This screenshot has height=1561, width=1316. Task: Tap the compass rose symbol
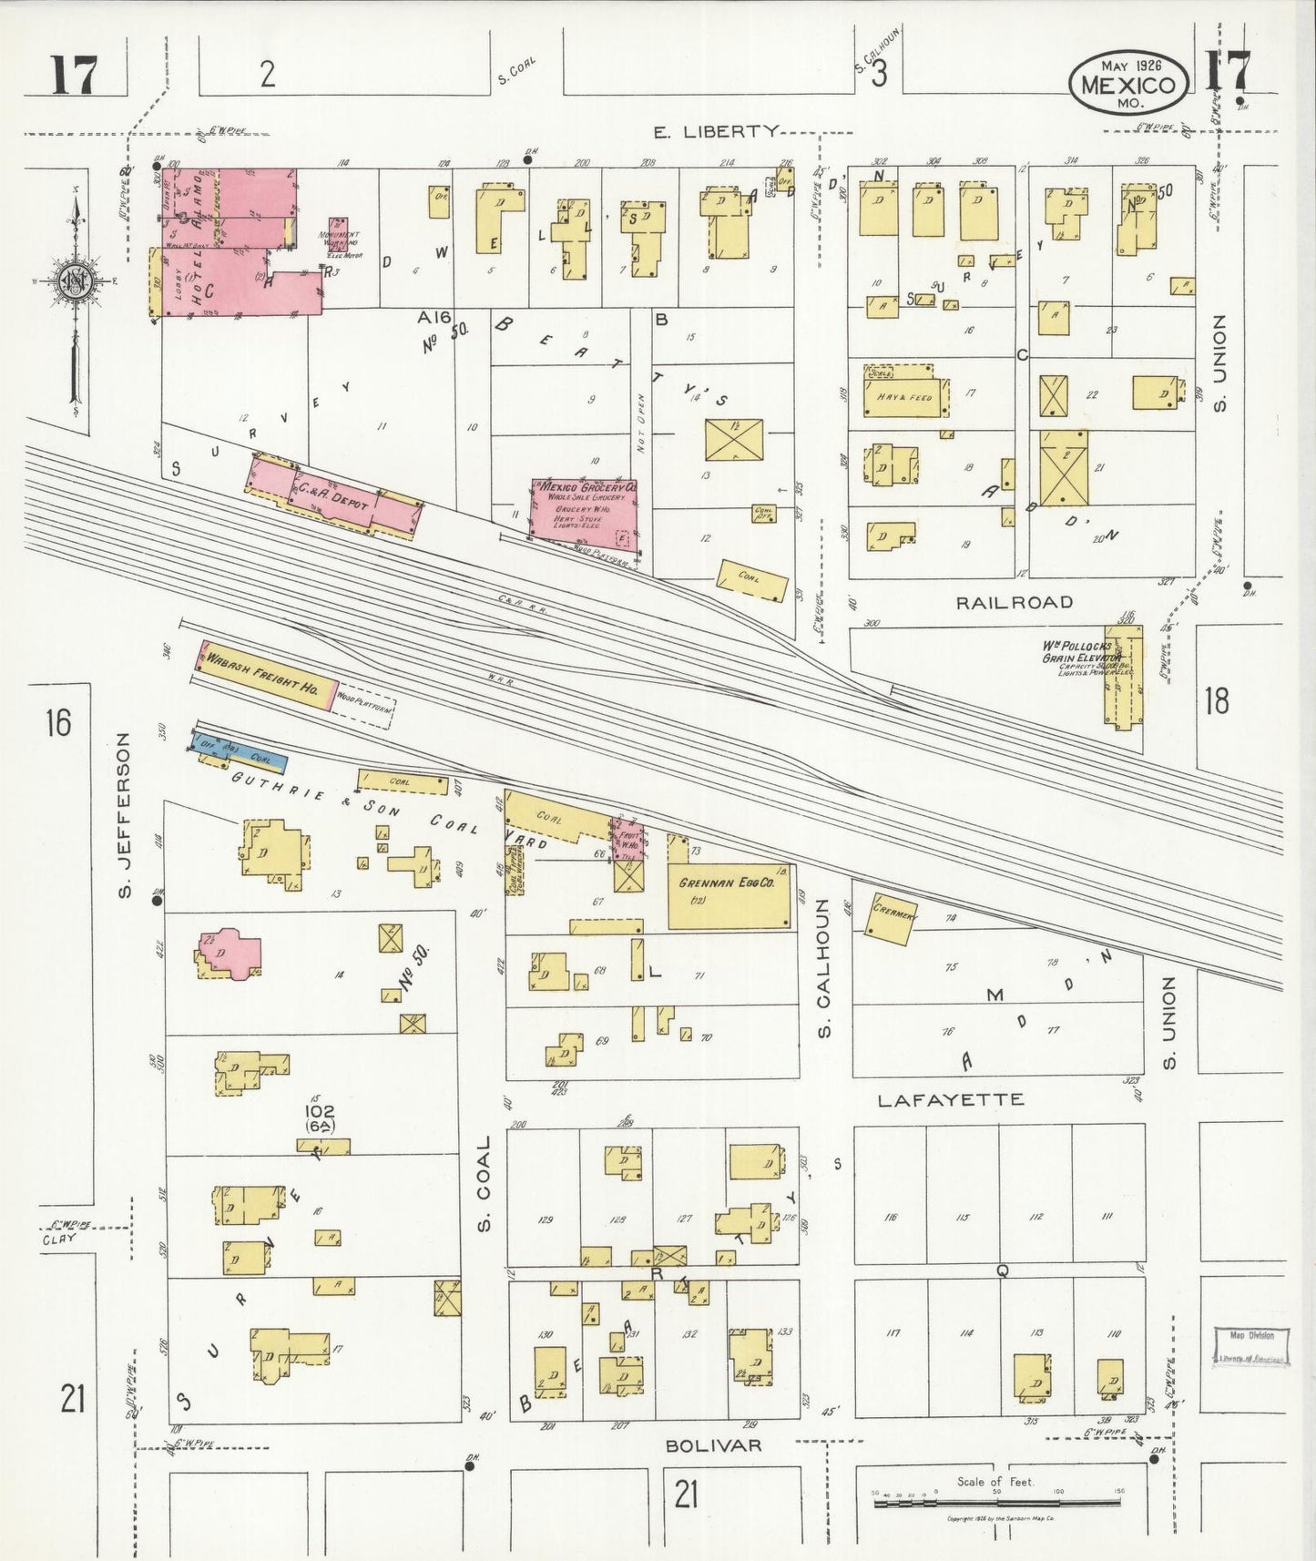tap(72, 282)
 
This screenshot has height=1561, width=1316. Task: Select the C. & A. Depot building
tap(332, 497)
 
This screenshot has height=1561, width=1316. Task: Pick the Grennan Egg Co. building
tap(729, 895)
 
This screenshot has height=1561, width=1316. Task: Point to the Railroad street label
tap(1001, 602)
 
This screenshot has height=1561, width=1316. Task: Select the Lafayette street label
tap(950, 1100)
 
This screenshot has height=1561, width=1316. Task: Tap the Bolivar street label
tap(713, 1445)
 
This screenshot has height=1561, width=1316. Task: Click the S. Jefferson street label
tap(125, 815)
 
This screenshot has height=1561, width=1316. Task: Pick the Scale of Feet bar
tap(996, 1502)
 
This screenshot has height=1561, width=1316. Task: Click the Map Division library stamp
tap(1252, 1347)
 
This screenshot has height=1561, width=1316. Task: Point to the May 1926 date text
tap(1128, 66)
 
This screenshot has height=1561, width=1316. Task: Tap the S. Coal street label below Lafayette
tap(484, 1181)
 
